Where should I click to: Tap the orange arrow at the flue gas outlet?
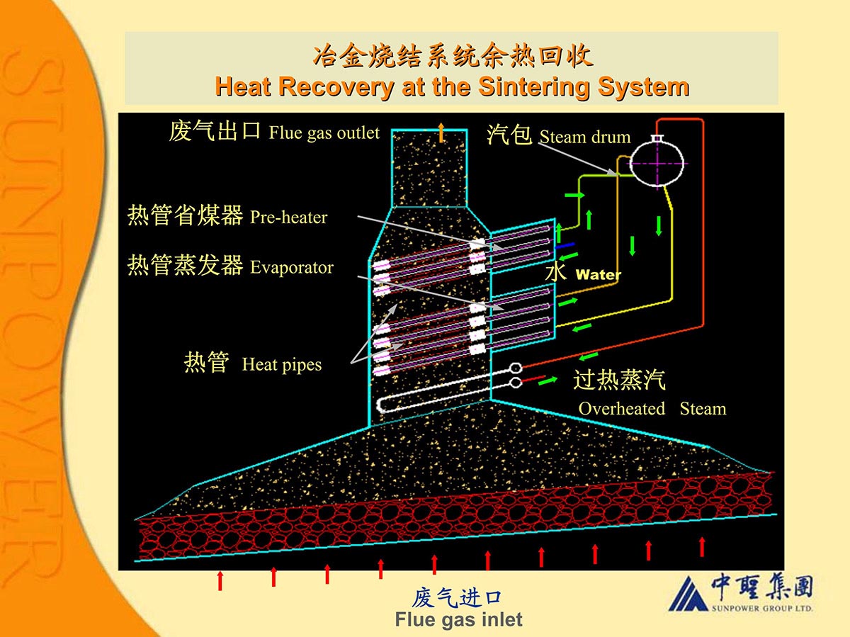click(x=441, y=133)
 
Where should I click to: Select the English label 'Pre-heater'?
click(x=289, y=217)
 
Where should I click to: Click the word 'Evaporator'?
click(x=292, y=267)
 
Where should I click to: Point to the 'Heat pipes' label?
click(x=281, y=365)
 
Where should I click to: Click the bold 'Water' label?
click(x=599, y=274)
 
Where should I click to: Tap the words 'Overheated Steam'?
click(x=652, y=409)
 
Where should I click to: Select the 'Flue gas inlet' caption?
click(x=458, y=619)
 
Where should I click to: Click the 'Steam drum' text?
click(x=584, y=137)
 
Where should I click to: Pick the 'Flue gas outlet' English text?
click(x=324, y=133)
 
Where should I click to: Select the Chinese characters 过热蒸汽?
click(x=619, y=380)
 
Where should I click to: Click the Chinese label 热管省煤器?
click(x=185, y=215)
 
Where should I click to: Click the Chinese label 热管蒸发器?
click(x=185, y=266)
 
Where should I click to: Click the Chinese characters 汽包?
click(x=509, y=135)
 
